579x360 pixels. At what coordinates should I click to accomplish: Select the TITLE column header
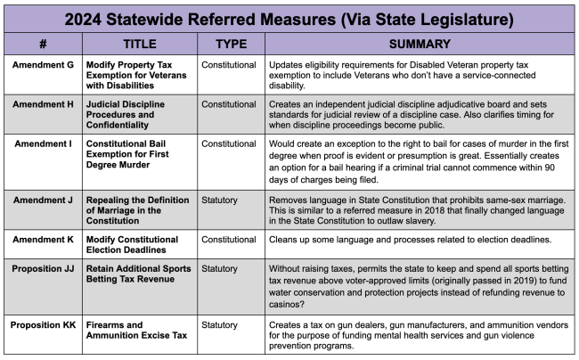tap(139, 44)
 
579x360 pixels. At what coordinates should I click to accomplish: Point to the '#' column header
tap(42, 44)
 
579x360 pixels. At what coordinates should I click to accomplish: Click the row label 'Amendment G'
tap(42, 65)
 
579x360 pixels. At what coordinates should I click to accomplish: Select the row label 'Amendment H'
tap(42, 104)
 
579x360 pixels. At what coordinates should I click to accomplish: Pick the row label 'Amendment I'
tap(42, 143)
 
